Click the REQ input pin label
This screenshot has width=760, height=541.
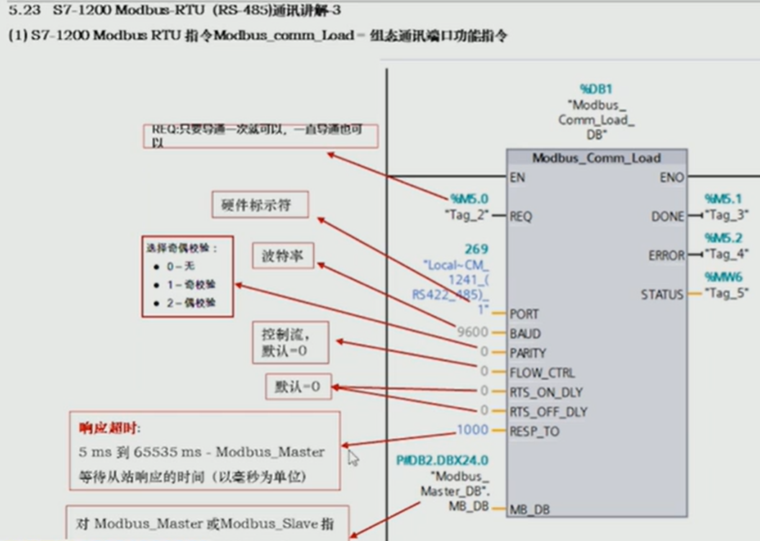click(520, 215)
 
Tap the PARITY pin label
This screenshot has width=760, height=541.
click(528, 353)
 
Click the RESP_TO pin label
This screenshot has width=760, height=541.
click(534, 432)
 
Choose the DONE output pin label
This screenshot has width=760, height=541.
click(668, 216)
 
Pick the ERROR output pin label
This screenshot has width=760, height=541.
click(666, 255)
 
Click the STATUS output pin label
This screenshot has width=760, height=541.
click(662, 294)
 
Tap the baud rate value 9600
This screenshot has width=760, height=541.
click(472, 333)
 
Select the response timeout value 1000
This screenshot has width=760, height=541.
click(472, 431)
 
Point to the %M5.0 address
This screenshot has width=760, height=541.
click(469, 198)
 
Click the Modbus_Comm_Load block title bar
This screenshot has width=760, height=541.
click(597, 158)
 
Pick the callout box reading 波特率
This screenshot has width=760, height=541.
click(283, 255)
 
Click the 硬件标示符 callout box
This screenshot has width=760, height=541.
click(261, 206)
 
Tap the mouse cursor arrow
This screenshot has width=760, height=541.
click(353, 458)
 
